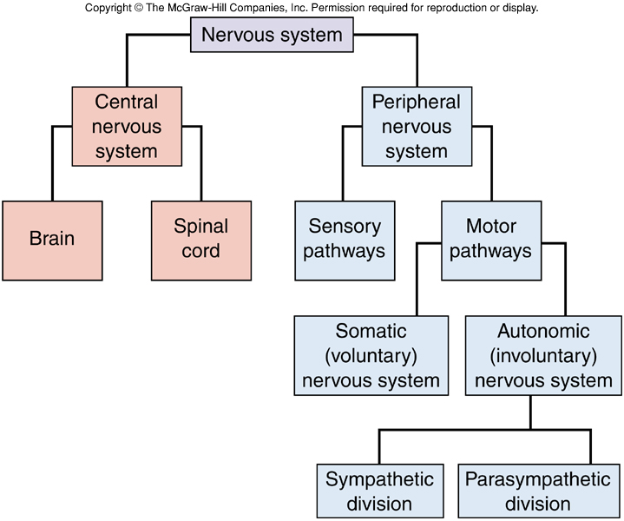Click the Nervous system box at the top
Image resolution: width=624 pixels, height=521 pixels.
(273, 36)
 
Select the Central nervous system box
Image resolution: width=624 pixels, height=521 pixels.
(127, 127)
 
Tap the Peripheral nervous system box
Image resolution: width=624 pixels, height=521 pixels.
(417, 127)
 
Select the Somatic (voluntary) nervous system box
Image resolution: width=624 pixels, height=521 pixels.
(371, 356)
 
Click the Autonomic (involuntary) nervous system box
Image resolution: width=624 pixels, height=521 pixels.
(543, 356)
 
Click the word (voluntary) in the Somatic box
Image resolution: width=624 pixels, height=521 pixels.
(371, 356)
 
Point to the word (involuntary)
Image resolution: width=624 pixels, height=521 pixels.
(543, 356)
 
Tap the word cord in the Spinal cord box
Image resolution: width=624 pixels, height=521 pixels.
(201, 252)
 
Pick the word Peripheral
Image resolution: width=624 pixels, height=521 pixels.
(417, 102)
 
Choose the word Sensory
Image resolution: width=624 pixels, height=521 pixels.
(345, 228)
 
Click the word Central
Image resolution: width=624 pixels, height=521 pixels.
(127, 102)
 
